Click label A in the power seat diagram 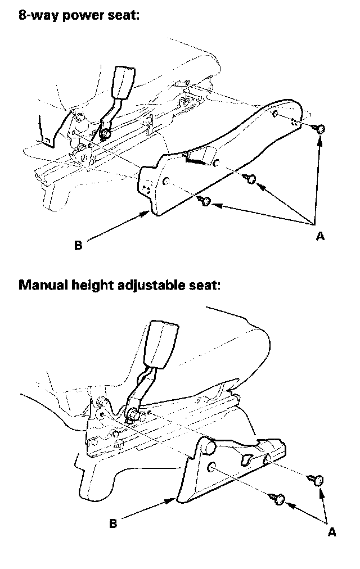[320, 236]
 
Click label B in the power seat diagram [78, 245]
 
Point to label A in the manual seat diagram [332, 532]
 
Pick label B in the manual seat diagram [113, 523]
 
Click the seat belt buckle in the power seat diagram [123, 82]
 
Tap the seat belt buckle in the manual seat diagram [161, 344]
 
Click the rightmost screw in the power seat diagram [318, 128]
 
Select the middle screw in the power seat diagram [250, 179]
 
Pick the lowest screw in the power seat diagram [205, 201]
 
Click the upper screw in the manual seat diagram [316, 480]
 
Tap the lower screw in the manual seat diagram [277, 499]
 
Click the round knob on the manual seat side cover [208, 446]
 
